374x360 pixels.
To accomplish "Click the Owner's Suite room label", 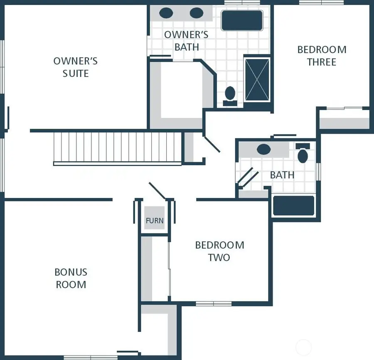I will pos(76,67).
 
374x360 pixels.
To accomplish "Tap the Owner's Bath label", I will pos(186,41).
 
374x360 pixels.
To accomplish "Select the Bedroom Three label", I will pos(322,56).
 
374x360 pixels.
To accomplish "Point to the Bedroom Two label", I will pos(219,251).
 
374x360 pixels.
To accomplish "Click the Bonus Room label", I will pos(71,278).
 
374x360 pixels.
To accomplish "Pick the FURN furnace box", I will pos(155,220).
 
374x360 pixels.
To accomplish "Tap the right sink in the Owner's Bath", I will pos(196,13).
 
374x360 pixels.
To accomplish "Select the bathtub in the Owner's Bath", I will pos(242,20).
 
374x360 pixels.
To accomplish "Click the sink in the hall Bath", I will pos(264,149).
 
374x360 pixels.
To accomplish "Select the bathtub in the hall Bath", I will pos(293,206).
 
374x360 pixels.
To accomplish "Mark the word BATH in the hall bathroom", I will pos(282,175).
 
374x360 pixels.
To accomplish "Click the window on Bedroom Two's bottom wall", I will pos(214,304).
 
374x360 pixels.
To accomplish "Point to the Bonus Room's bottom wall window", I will pos(85,357).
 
